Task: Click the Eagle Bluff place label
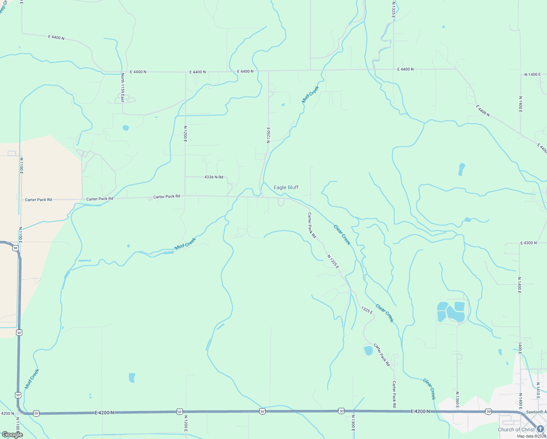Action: click(x=286, y=187)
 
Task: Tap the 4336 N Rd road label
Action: click(x=214, y=177)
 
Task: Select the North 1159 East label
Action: click(x=123, y=87)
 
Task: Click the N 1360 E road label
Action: click(x=457, y=400)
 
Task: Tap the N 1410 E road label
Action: click(x=538, y=391)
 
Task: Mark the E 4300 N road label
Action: click(x=528, y=243)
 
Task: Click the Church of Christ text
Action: click(x=516, y=429)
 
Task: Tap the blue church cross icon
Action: click(x=540, y=429)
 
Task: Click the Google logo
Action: click(x=12, y=434)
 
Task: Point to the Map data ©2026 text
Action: click(x=531, y=436)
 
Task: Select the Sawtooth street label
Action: click(x=536, y=412)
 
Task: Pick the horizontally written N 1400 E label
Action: click(x=532, y=75)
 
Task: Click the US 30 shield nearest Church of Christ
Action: click(x=488, y=411)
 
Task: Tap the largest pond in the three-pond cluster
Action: click(x=454, y=314)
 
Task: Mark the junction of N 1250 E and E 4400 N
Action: click(x=269, y=71)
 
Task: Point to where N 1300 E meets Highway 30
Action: click(x=353, y=411)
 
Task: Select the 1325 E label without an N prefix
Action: click(x=367, y=311)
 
